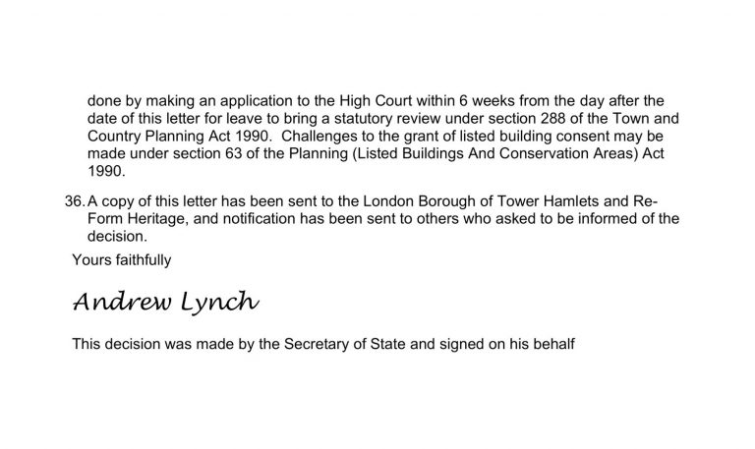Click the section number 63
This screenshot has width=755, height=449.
coord(249,153)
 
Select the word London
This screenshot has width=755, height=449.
coord(391,201)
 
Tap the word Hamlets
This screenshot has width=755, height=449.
coord(573,201)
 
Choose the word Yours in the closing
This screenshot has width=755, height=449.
coord(90,259)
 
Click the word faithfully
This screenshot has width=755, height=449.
coord(143,259)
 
